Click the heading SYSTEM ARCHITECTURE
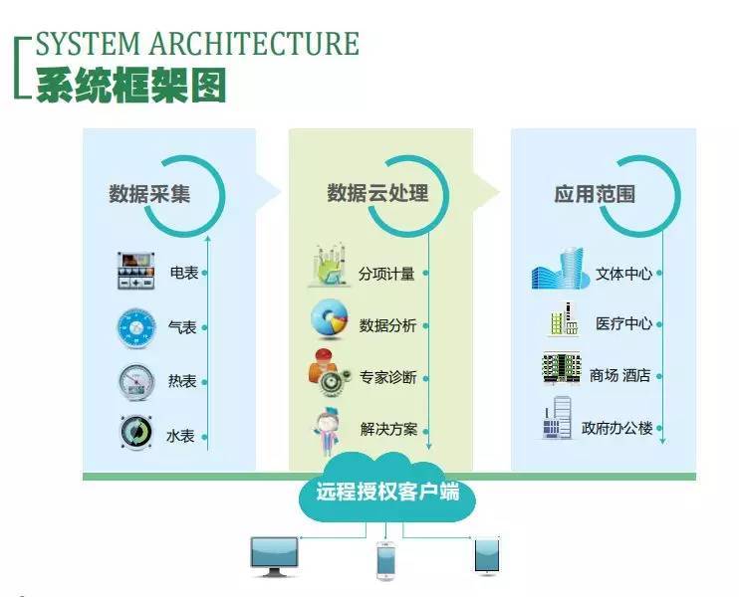click(x=196, y=45)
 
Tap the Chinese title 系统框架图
click(x=130, y=85)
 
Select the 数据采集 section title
click(x=149, y=193)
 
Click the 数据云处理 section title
click(x=377, y=192)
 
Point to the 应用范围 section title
click(x=595, y=193)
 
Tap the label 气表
click(x=181, y=326)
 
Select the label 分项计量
click(x=386, y=273)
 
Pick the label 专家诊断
click(x=387, y=378)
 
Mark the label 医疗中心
click(x=623, y=324)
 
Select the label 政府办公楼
click(x=616, y=429)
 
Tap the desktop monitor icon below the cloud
click(x=274, y=556)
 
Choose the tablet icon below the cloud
click(x=486, y=555)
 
